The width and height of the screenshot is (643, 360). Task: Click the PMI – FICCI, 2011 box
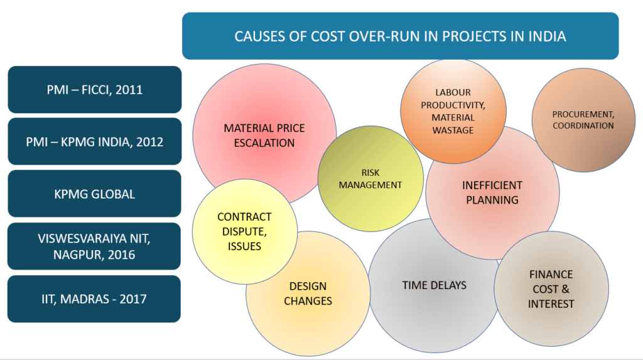pos(95,89)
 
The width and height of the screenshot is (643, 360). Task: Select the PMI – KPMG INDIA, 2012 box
pos(95,141)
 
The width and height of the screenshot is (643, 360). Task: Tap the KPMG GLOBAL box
pos(94,194)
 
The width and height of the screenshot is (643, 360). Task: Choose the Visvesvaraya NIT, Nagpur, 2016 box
pos(94,246)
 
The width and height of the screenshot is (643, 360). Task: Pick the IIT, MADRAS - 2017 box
pos(94,299)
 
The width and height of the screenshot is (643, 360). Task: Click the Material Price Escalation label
pos(264,136)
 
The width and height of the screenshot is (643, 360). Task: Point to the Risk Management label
pos(370,179)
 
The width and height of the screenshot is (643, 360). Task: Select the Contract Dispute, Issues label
pos(244,231)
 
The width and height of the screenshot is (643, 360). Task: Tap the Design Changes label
pos(308,293)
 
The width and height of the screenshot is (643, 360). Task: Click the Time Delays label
pos(435,285)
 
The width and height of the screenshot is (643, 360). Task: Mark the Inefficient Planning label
pos(492,192)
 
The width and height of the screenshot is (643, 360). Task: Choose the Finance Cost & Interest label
pos(551,289)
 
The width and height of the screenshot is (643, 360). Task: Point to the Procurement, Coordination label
pos(583,120)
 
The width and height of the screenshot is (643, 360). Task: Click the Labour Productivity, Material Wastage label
pos(453,111)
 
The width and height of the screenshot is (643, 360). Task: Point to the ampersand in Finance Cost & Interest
pos(565,289)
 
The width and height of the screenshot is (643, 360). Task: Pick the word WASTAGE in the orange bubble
pos(453,130)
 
